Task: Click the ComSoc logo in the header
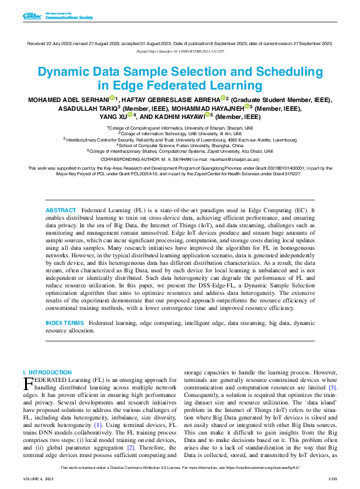click(31, 16)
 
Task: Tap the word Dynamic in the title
click(62, 71)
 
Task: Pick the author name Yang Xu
click(112, 116)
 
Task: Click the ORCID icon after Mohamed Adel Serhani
click(112, 98)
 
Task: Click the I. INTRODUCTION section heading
click(47, 372)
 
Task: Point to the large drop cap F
click(27, 383)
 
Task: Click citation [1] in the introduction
click(98, 425)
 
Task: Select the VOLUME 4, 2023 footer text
click(37, 478)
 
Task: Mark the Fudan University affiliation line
click(180, 145)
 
